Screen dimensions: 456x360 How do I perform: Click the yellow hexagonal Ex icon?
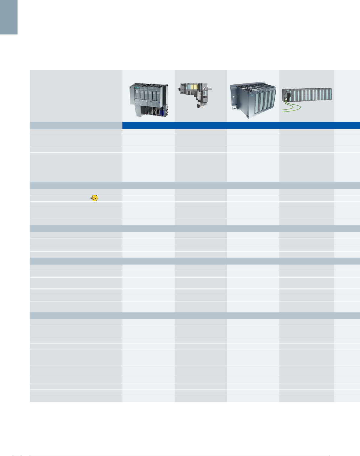click(x=95, y=198)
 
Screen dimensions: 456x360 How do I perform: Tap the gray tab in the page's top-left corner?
click(x=9, y=17)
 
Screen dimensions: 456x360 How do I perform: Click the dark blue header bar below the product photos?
click(x=241, y=125)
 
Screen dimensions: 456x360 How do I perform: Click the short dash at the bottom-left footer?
click(x=18, y=455)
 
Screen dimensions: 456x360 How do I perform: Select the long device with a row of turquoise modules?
click(x=307, y=95)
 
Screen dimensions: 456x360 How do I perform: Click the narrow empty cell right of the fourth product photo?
click(x=347, y=96)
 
